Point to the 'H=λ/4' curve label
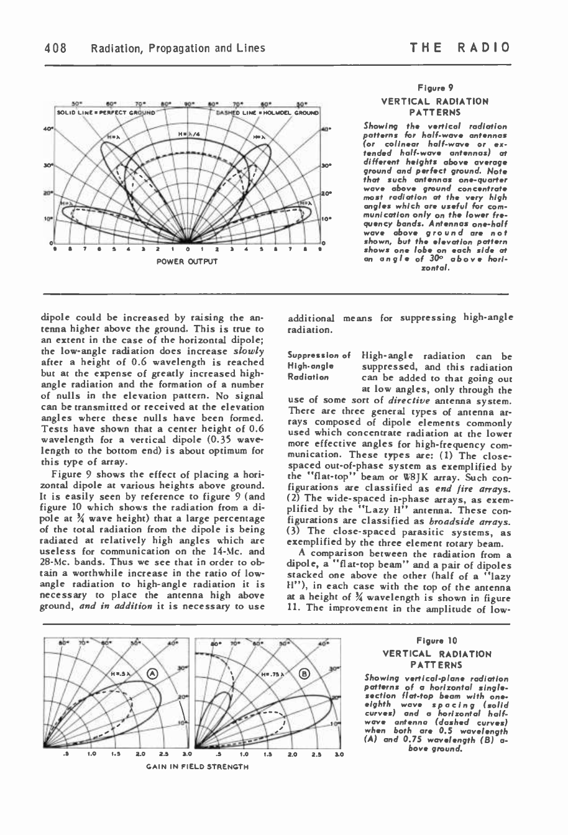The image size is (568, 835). [188, 134]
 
